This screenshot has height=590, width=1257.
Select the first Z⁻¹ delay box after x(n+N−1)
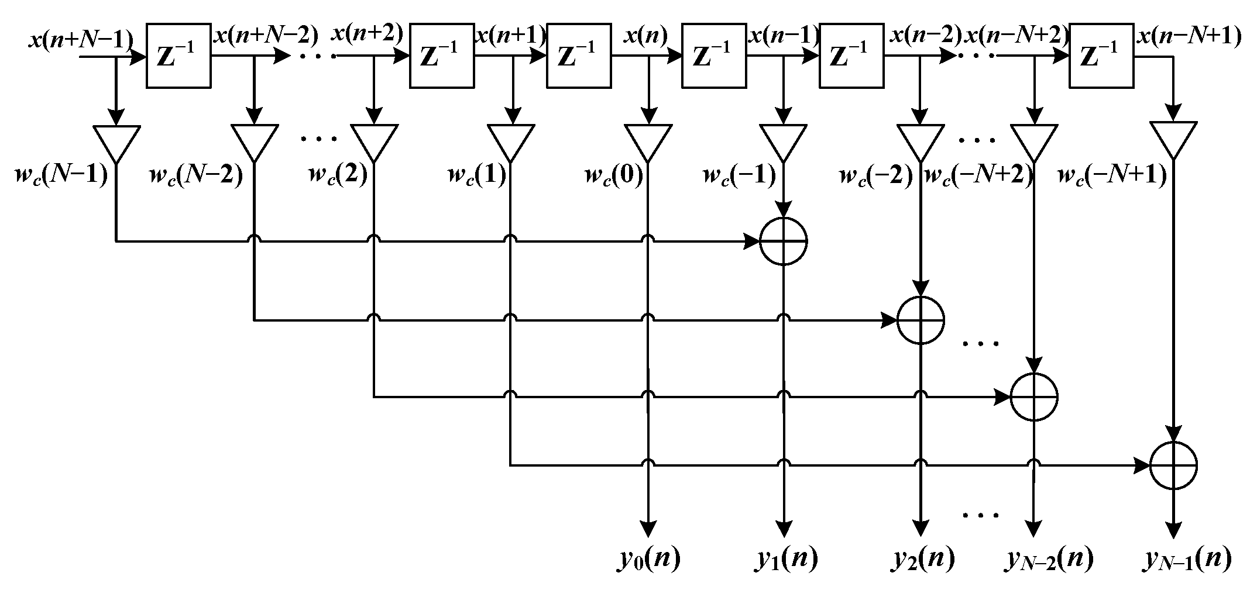coord(178,56)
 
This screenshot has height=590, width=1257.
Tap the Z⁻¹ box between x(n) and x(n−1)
coord(714,56)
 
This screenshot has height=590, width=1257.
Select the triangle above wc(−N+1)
coord(1173,138)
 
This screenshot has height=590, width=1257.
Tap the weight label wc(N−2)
coord(196,175)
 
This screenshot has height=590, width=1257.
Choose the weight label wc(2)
coord(338,175)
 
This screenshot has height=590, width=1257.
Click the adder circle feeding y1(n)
coord(783,241)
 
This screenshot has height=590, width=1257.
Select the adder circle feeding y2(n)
coord(921,320)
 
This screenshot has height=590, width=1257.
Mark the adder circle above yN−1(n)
coord(1173,465)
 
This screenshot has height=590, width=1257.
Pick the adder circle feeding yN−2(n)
coord(1034,397)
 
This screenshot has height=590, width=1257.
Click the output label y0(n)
coord(648,560)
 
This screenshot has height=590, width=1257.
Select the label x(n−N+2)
coord(1017,36)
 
